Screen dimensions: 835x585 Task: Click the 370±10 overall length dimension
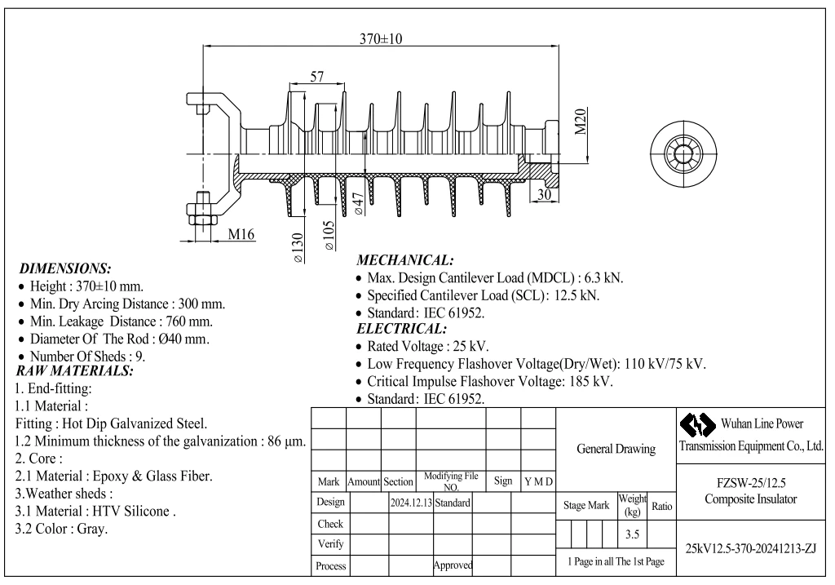381,38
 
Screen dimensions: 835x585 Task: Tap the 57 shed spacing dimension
317,77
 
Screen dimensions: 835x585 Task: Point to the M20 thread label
581,122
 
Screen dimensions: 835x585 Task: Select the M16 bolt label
241,234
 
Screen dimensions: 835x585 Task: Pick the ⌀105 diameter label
329,236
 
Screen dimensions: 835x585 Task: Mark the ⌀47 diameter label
359,203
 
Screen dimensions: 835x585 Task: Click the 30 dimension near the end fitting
544,194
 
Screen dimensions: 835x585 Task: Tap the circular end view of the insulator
683,154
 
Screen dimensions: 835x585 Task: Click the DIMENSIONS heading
65,268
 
